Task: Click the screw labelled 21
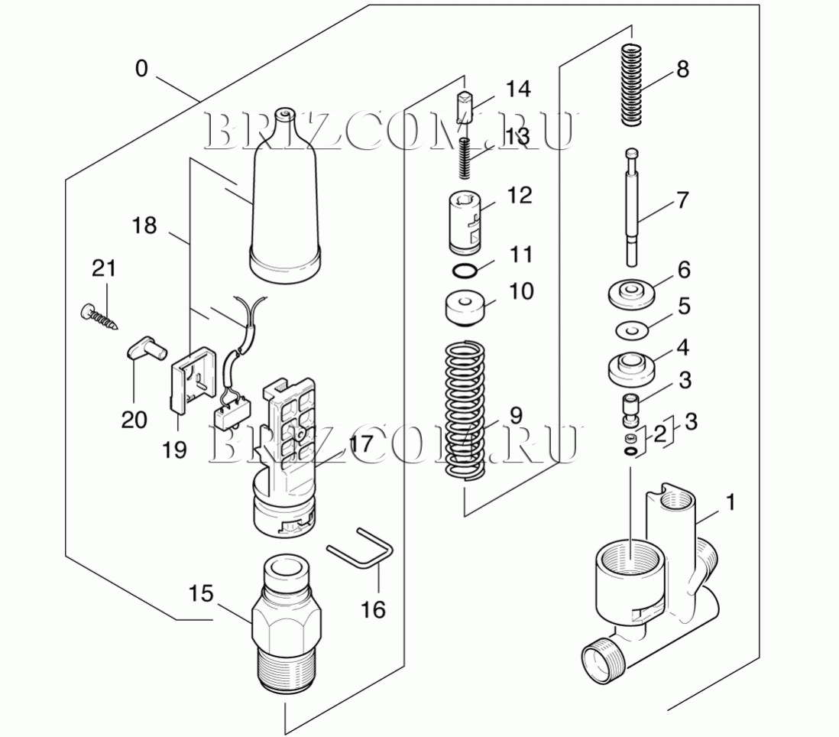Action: click(99, 317)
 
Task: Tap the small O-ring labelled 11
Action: click(465, 271)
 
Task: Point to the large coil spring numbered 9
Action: click(466, 411)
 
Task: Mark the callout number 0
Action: click(141, 69)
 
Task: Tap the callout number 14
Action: click(518, 89)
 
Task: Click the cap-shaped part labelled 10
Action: click(465, 310)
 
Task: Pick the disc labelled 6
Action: click(633, 294)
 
